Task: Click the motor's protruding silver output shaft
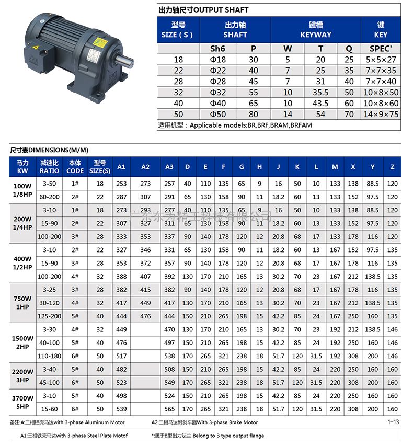[124, 61]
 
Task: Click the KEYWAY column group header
[316, 30]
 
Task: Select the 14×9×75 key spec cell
[381, 115]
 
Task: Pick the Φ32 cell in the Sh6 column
[217, 93]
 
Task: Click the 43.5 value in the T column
[320, 103]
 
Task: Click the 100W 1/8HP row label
[22, 190]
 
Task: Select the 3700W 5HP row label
[22, 403]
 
